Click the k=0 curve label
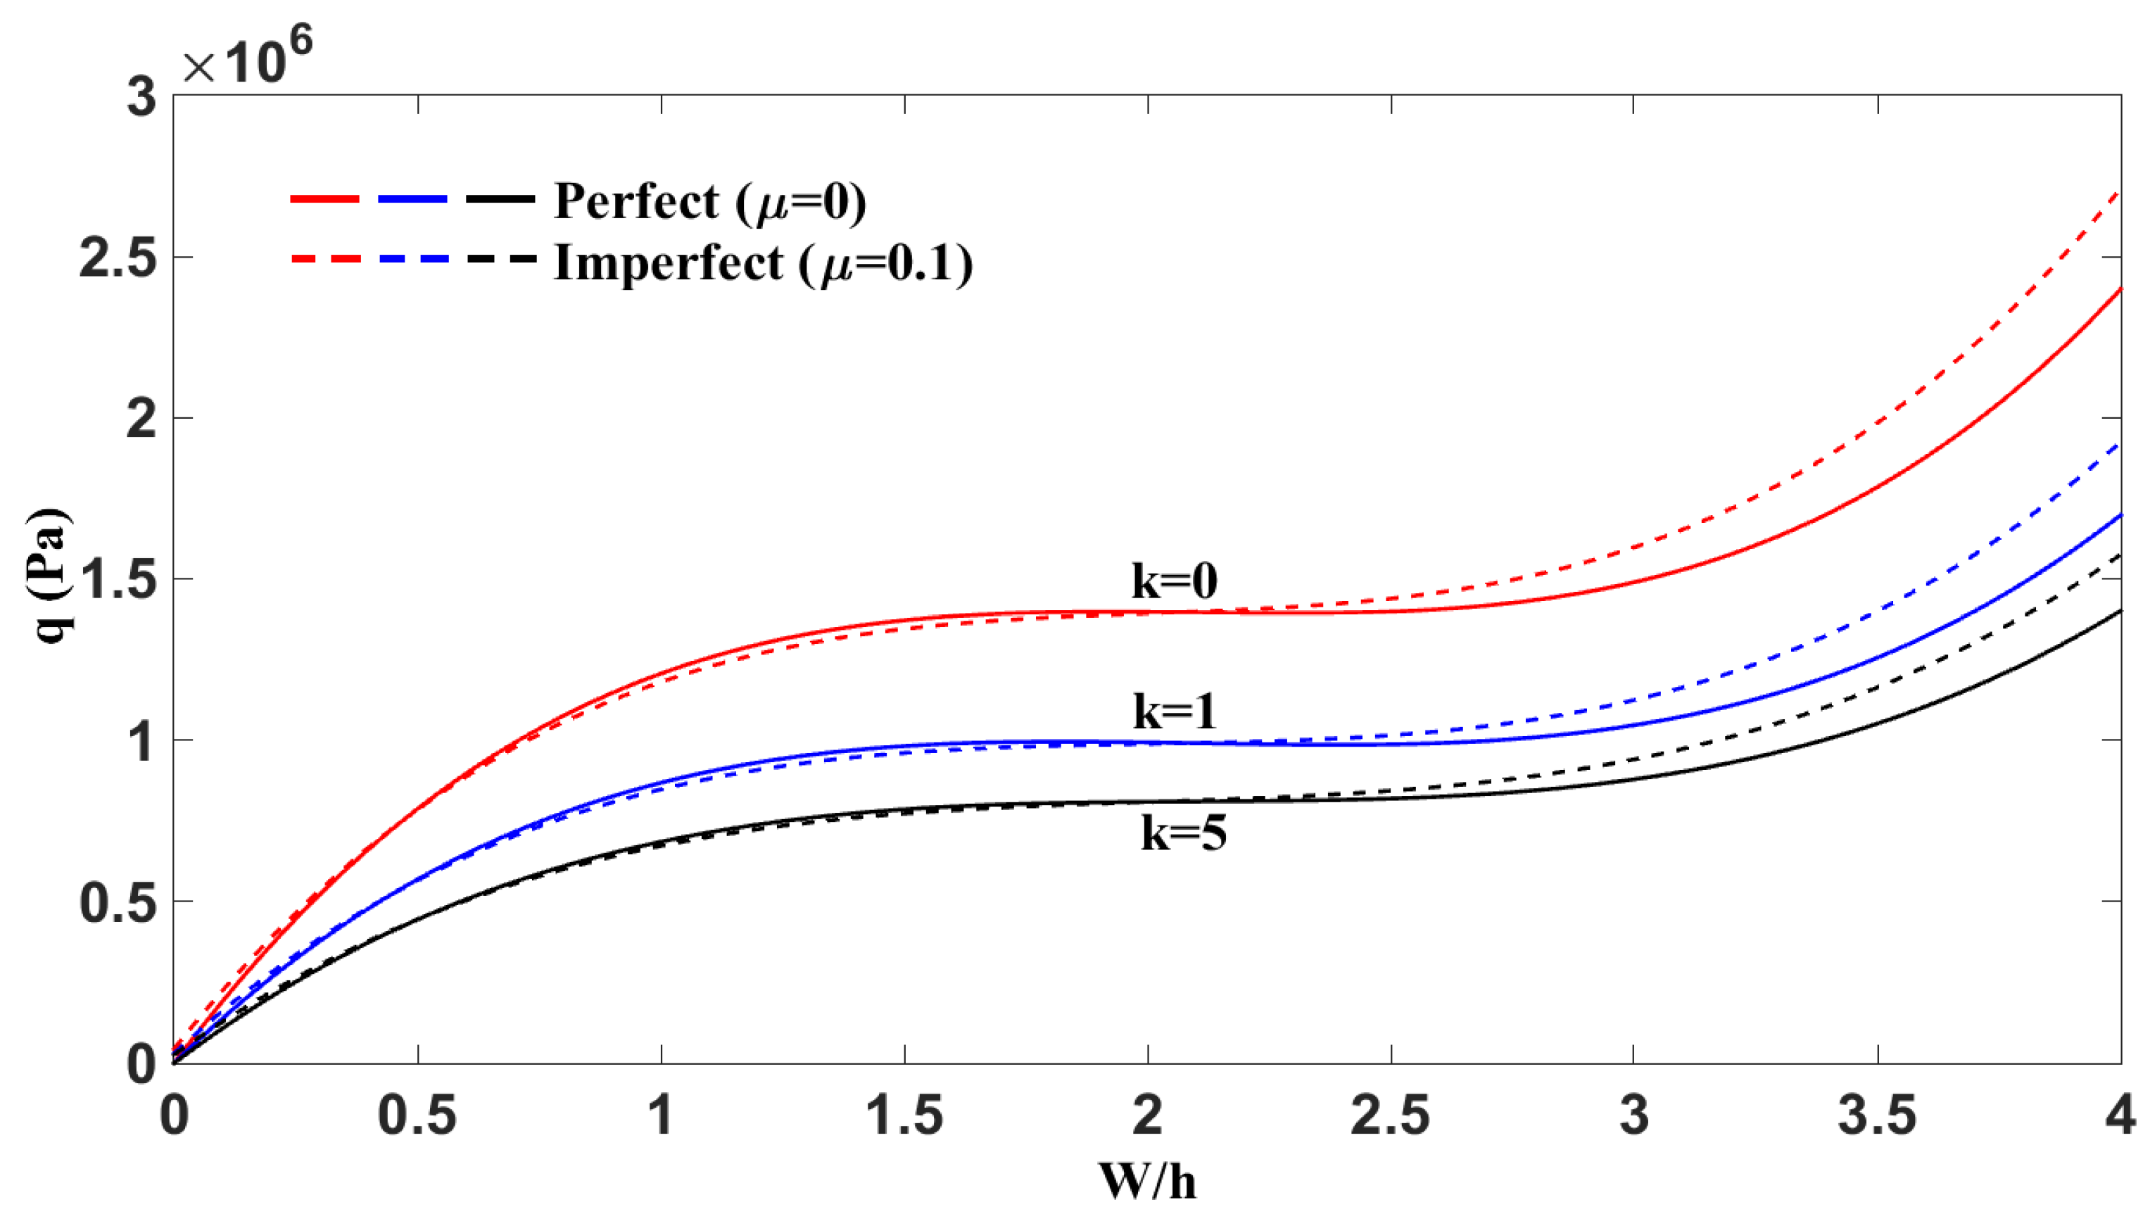[1174, 581]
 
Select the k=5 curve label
[1183, 833]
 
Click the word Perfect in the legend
[636, 201]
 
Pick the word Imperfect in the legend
[669, 262]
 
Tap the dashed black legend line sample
[500, 259]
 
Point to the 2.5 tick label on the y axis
[118, 258]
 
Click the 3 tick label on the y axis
[141, 97]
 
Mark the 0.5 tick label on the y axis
[118, 903]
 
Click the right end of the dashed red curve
[2118, 194]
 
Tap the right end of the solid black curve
[2118, 612]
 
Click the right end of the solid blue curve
[2118, 516]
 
